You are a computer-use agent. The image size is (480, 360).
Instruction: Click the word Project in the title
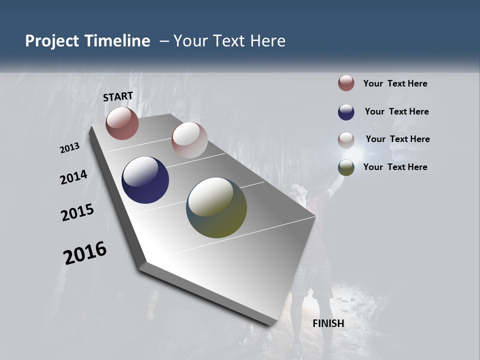(x=51, y=41)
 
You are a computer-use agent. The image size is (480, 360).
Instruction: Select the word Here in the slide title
(x=267, y=41)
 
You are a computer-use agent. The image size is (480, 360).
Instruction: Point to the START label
(x=118, y=96)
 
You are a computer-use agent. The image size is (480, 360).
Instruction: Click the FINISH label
(x=328, y=323)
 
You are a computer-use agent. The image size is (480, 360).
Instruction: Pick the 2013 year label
(x=70, y=148)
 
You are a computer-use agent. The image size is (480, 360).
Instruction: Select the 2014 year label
(x=74, y=177)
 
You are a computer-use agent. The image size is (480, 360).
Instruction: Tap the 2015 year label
(x=77, y=212)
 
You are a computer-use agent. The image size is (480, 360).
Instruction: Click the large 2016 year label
(x=85, y=253)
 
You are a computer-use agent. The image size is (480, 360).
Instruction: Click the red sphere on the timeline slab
(x=122, y=123)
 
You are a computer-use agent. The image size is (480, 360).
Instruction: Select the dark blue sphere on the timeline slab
(x=145, y=180)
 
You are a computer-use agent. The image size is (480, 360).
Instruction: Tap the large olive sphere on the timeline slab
(x=216, y=207)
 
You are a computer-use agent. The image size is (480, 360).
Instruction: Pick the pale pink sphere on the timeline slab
(x=189, y=140)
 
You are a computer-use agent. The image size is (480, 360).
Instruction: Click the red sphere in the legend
(x=346, y=83)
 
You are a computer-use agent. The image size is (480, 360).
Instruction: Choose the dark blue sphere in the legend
(x=346, y=112)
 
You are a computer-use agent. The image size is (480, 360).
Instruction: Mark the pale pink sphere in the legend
(x=346, y=139)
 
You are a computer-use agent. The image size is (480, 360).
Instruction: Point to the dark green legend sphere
(x=346, y=167)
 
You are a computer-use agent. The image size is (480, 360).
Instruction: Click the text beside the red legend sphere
(x=395, y=83)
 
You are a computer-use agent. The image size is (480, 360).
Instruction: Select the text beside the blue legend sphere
(x=396, y=111)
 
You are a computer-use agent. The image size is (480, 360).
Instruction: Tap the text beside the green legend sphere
(x=395, y=167)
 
